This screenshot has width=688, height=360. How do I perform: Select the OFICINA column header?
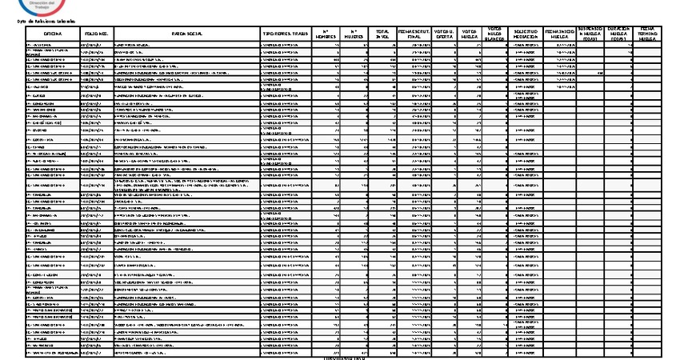52,34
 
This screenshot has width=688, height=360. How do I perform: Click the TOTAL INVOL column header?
383,34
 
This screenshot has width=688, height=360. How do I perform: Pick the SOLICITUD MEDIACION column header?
526,34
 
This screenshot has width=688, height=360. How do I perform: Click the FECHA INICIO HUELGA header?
560,33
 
